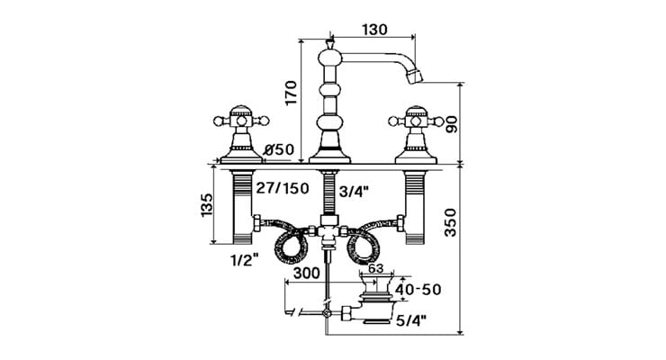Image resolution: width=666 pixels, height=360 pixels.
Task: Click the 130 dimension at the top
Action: coord(374,29)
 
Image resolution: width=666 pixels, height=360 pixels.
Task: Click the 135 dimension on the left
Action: coord(208,204)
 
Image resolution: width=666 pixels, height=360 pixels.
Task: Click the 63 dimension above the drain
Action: coord(375,267)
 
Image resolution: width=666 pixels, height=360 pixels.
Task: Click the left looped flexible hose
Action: coord(287,241)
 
